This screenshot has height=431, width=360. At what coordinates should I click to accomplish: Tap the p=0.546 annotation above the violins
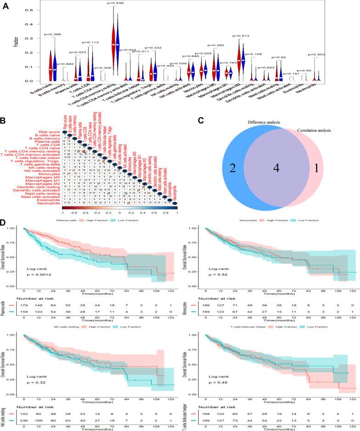[x=117, y=3]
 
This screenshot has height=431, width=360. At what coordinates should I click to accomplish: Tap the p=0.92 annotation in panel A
[x=278, y=57]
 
